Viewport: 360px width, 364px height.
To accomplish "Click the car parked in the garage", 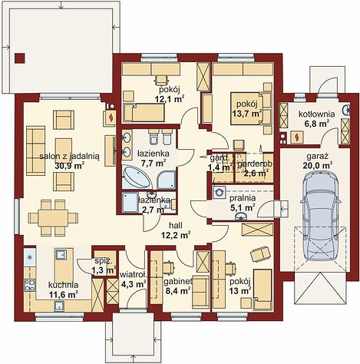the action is click(x=322, y=216).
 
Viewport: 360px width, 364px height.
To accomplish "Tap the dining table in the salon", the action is click(x=53, y=218).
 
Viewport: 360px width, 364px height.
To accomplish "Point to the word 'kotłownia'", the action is click(x=317, y=114).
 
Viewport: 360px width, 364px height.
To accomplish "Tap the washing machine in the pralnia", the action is click(x=220, y=191).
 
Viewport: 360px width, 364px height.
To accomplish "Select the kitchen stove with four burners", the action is click(x=30, y=285).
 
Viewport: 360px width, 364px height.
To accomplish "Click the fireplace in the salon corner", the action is click(x=111, y=118).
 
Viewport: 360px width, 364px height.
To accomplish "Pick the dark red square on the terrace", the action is click(x=20, y=58).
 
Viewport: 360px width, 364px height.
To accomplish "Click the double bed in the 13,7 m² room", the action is click(x=246, y=108).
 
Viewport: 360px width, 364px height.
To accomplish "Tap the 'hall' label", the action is click(x=176, y=226).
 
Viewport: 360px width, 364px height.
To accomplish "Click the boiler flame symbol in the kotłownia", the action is click(x=297, y=137).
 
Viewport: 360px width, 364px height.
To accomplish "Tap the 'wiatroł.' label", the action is click(x=134, y=275).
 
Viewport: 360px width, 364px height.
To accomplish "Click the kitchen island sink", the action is click(x=61, y=255).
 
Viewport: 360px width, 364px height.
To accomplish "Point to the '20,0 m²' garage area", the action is click(x=318, y=166).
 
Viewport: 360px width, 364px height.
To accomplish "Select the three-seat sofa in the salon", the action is click(x=35, y=151).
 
